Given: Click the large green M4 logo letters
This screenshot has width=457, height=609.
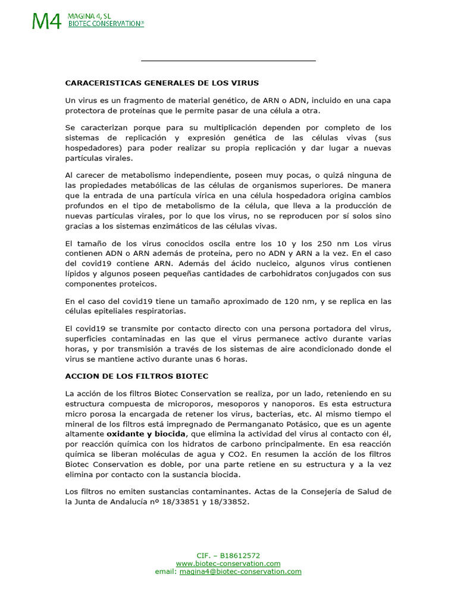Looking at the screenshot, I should [46, 21].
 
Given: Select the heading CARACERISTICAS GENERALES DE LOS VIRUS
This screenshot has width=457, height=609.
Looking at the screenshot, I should [162, 83].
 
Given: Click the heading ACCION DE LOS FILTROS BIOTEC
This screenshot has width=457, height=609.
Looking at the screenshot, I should [136, 376].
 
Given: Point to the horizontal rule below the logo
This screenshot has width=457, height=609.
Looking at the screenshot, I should [228, 61].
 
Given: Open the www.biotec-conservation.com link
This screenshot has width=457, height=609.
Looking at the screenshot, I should [228, 563].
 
